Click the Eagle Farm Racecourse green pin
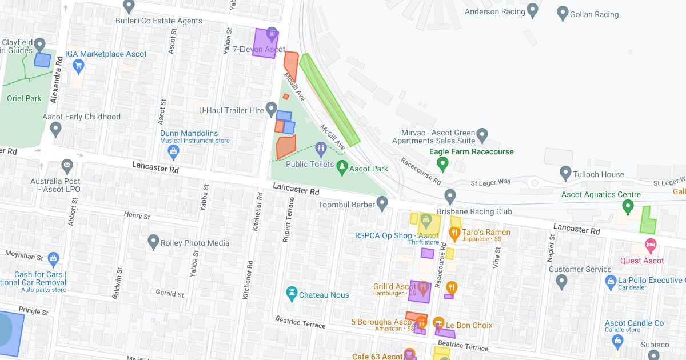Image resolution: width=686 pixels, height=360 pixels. tap(442, 165)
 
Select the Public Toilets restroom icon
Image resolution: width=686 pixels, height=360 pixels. tap(321, 150)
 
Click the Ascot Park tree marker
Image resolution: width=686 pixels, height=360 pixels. tap(342, 167)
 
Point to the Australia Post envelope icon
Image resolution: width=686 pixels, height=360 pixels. tap(67, 166)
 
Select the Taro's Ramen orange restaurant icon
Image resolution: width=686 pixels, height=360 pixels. tap(454, 233)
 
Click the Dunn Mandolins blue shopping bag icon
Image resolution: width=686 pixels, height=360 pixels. tap(174, 151)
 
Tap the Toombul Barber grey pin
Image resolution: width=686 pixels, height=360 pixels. tap(382, 203)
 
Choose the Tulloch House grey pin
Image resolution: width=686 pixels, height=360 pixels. tap(565, 172)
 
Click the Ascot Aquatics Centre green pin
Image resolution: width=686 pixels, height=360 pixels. tap(629, 206)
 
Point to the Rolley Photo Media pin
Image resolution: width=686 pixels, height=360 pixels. tap(153, 242)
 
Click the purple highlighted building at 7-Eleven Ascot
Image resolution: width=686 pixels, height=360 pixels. tap(265, 43)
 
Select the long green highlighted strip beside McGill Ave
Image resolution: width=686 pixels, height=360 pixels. tap(330, 99)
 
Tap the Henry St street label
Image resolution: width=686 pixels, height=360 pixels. tap(137, 217)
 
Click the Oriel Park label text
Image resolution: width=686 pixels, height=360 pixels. tap(24, 98)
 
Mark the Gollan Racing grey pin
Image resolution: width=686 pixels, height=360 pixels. tap(563, 13)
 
